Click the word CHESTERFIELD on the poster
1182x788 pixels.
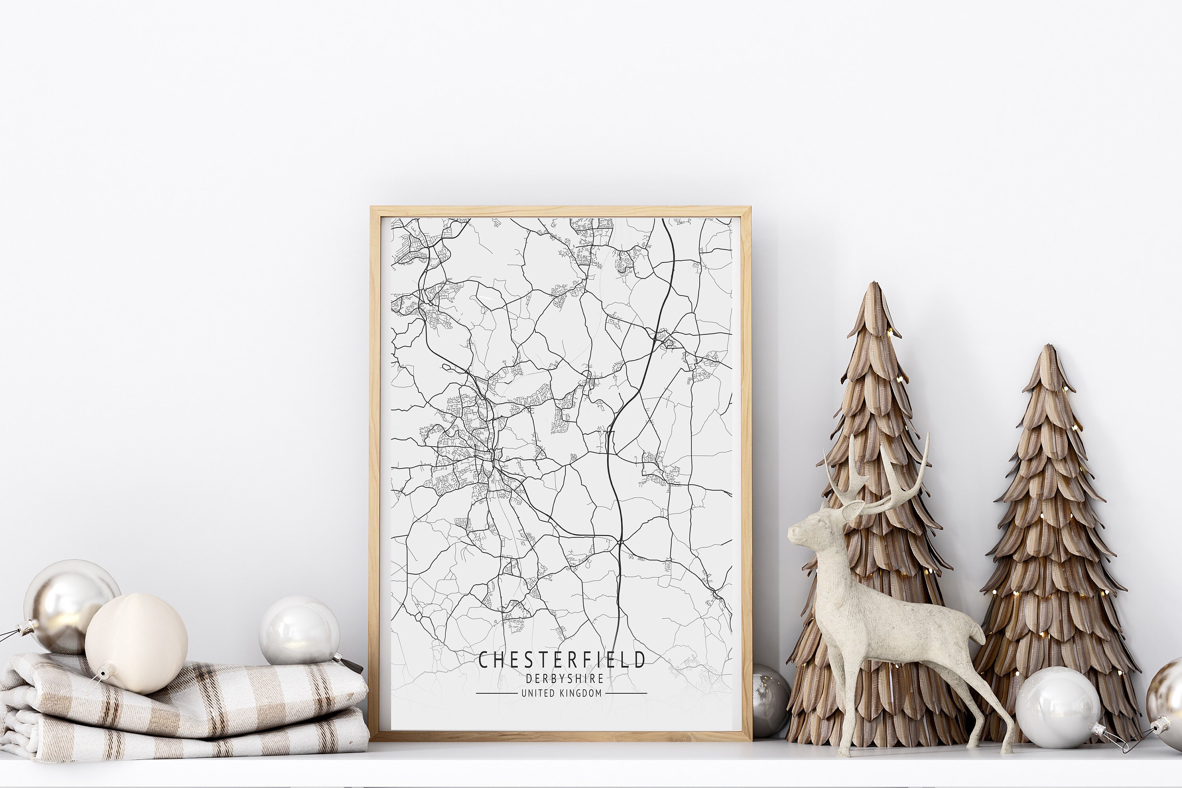point(561,660)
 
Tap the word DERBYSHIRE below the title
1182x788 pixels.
point(564,678)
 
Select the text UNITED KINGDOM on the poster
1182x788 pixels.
point(561,693)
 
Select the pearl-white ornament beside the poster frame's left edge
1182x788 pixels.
point(299,631)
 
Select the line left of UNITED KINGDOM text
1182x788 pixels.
point(496,693)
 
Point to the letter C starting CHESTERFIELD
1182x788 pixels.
point(483,660)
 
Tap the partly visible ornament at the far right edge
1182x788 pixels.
point(1169,699)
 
